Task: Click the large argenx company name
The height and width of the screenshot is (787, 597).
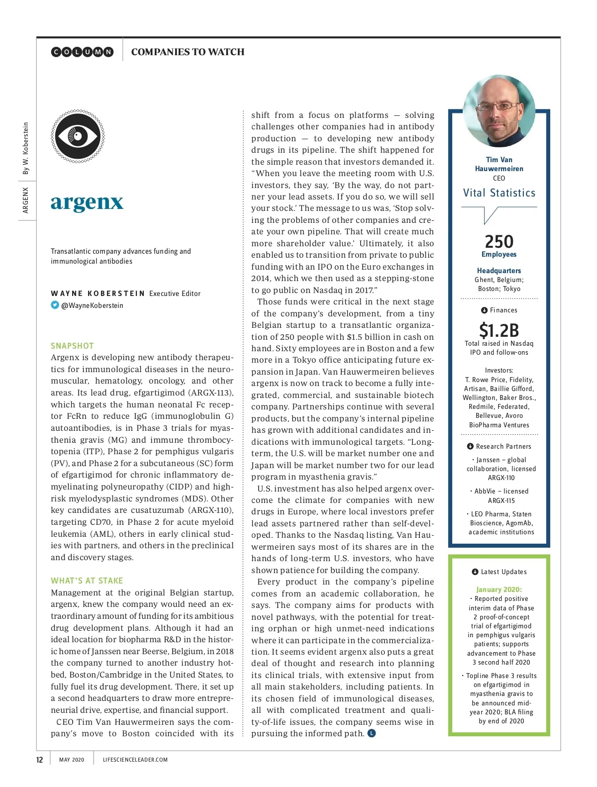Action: (87, 202)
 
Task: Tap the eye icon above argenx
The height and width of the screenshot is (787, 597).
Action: (78, 136)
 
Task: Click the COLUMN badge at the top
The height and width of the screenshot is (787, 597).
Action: (83, 52)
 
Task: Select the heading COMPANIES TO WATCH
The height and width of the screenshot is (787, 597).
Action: (188, 52)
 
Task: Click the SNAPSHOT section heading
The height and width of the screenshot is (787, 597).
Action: (72, 346)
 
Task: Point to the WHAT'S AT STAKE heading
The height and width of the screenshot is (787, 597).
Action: (87, 581)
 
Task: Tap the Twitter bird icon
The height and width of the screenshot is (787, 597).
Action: (55, 305)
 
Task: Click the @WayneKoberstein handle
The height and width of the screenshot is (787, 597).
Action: (92, 305)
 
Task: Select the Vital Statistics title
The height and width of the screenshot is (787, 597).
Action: (499, 193)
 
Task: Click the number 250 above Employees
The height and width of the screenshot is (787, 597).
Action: (499, 242)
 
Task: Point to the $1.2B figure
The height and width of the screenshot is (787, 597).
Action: (499, 330)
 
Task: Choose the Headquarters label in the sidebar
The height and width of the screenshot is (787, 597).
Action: (499, 271)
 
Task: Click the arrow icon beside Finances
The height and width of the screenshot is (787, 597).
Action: (484, 310)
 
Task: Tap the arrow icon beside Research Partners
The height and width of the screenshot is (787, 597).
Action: (470, 447)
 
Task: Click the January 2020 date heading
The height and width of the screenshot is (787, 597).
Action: (499, 590)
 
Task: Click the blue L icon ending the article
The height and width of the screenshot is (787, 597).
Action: (372, 733)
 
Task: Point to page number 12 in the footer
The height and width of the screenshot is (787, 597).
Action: (40, 760)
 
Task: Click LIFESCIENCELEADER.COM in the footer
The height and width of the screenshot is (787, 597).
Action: (135, 760)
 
